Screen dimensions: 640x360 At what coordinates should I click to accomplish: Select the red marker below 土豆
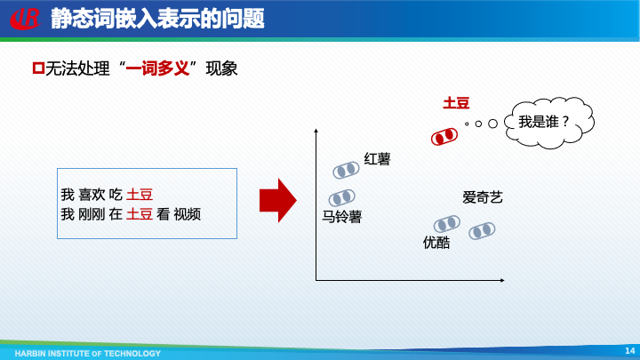pyautogui.click(x=444, y=137)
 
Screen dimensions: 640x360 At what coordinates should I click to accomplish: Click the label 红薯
pyautogui.click(x=377, y=159)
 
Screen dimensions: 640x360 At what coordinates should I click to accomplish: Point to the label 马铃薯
pyautogui.click(x=341, y=216)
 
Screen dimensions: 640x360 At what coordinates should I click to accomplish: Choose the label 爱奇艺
pyautogui.click(x=483, y=197)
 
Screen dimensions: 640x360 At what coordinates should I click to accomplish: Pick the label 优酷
pyautogui.click(x=436, y=242)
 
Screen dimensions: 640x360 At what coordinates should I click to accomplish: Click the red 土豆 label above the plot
pyautogui.click(x=456, y=103)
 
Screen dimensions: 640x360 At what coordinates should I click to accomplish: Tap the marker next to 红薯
pyautogui.click(x=344, y=171)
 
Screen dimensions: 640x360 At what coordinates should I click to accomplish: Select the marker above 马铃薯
pyautogui.click(x=341, y=198)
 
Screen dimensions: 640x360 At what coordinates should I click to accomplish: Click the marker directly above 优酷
pyautogui.click(x=446, y=223)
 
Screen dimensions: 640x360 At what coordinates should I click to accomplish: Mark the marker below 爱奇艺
pyautogui.click(x=482, y=231)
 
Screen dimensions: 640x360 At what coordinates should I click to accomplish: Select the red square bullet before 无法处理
pyautogui.click(x=37, y=68)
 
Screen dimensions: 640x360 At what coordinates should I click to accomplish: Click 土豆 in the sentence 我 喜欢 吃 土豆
pyautogui.click(x=140, y=194)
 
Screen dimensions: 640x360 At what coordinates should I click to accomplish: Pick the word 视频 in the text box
pyautogui.click(x=187, y=213)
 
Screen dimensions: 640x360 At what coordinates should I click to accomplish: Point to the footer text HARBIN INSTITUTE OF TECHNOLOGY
pyautogui.click(x=75, y=353)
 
